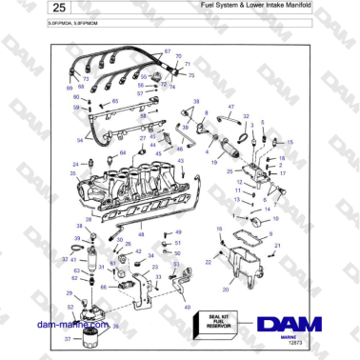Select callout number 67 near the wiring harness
pos(168,51)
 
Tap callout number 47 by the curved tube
pos(231,108)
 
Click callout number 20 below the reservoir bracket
pos(226,290)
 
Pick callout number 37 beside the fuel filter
pos(67,339)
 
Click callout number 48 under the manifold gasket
pos(141,232)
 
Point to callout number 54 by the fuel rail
pos(79,140)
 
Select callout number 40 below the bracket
pos(187,308)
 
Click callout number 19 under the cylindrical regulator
pos(214,164)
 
